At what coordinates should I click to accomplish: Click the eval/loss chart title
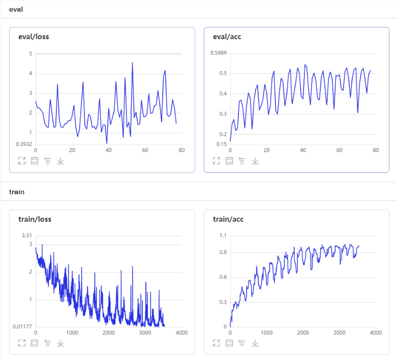[x=34, y=37]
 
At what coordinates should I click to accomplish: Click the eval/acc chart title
[x=227, y=37]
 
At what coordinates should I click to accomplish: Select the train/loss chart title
[x=35, y=219]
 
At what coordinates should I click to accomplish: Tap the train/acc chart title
[x=228, y=219]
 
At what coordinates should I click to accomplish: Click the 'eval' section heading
[x=16, y=9]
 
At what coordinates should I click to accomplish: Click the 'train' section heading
[x=17, y=192]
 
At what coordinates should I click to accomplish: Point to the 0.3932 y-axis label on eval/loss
[x=24, y=144]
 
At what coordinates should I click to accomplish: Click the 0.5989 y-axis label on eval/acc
[x=219, y=53]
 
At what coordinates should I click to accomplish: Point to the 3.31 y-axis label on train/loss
[x=27, y=235]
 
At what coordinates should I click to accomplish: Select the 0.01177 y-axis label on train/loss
[x=22, y=326]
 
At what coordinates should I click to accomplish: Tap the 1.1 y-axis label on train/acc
[x=223, y=235]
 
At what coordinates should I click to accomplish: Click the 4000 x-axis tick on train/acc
[x=376, y=333]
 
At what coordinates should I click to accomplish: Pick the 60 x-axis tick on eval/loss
[x=145, y=150]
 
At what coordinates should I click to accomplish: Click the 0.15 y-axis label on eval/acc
[x=222, y=144]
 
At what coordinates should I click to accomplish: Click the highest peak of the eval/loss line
[x=132, y=63]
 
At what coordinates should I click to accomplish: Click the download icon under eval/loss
[x=60, y=161]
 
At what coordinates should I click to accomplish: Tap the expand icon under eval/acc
[x=216, y=161]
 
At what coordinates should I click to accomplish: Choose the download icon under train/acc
[x=255, y=343]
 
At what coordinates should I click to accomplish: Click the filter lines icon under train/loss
[x=48, y=343]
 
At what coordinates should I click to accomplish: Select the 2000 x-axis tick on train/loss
[x=109, y=333]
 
